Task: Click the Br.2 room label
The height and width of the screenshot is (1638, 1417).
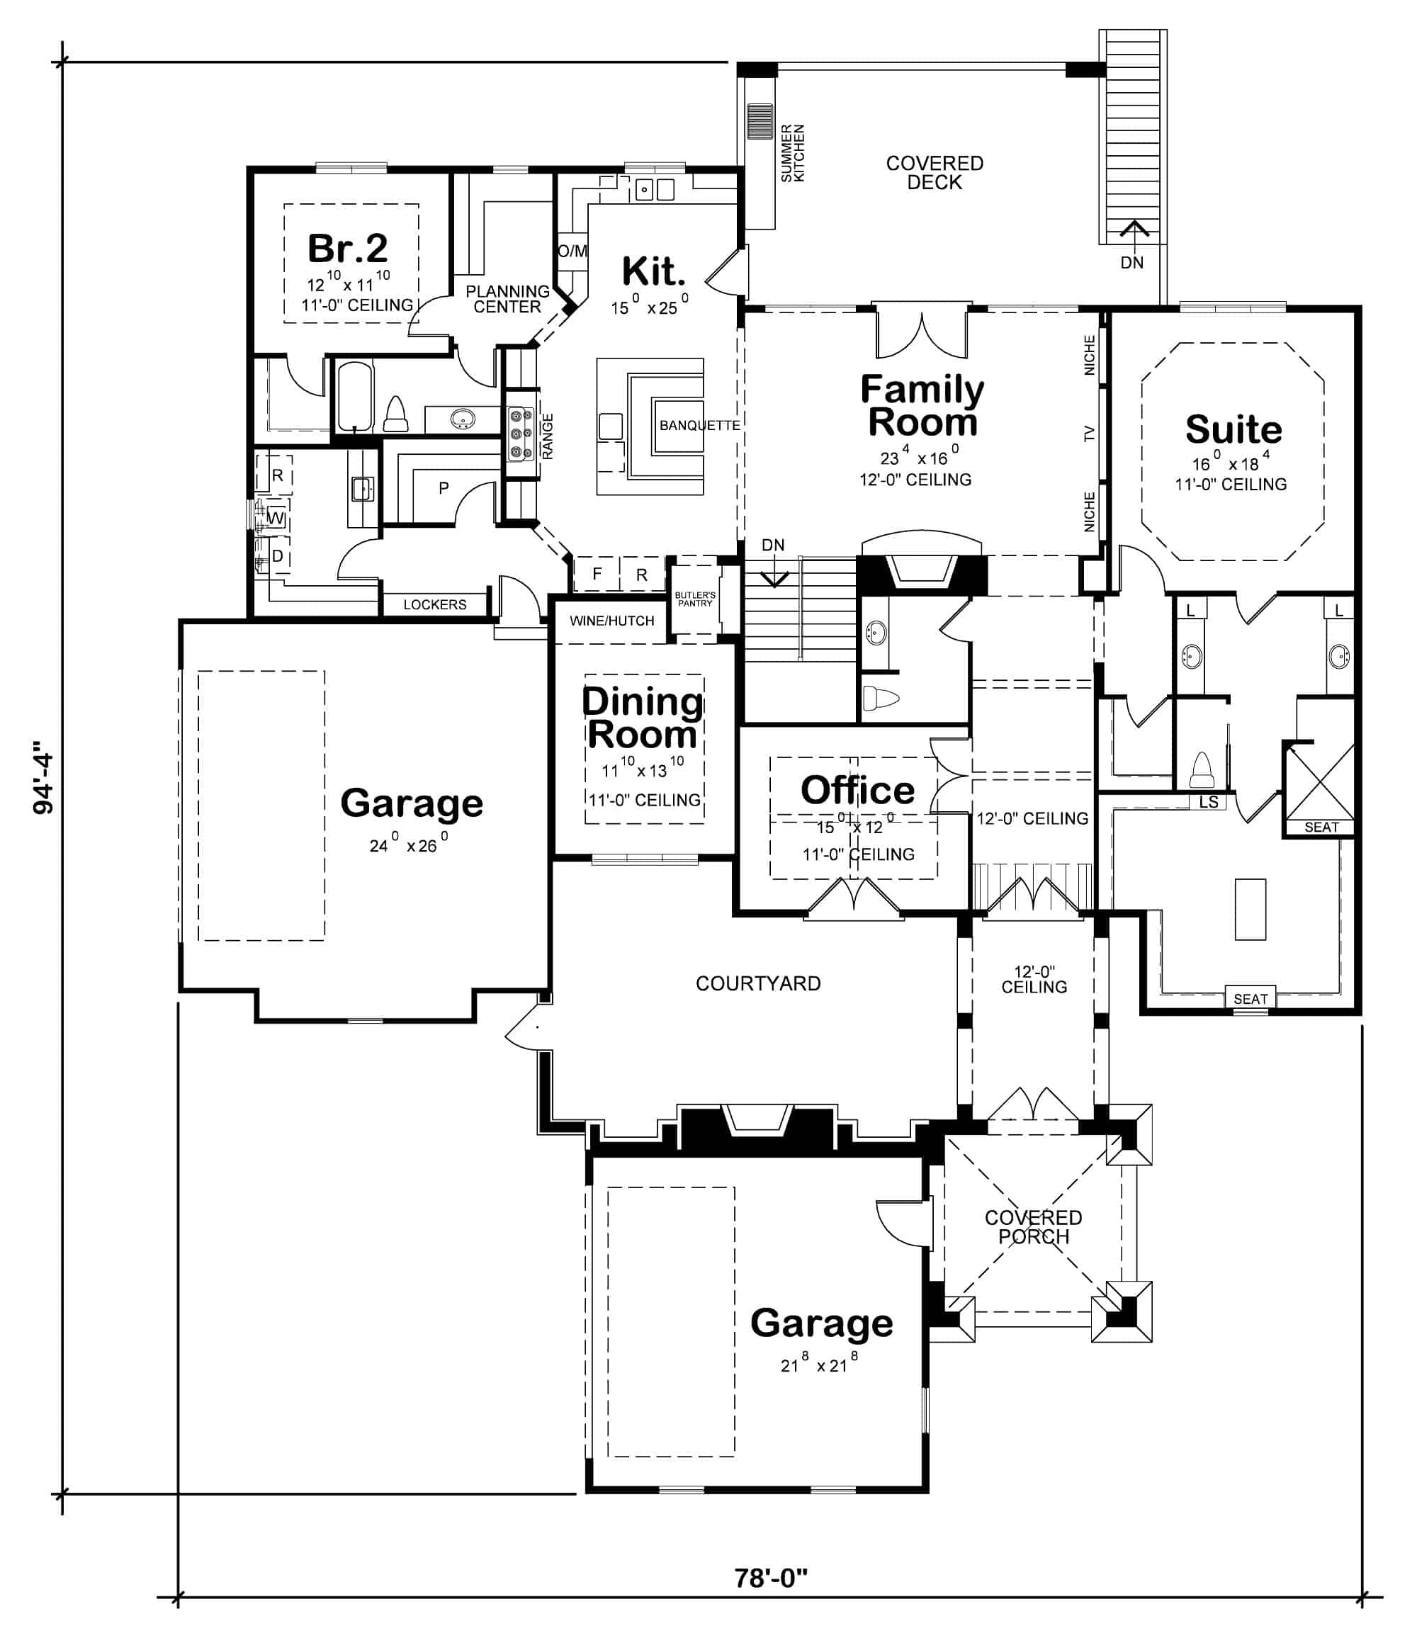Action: (347, 248)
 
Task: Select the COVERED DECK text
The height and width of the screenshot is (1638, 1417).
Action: (934, 172)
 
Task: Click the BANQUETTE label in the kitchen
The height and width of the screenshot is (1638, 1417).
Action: (699, 425)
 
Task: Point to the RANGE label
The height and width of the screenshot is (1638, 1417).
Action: (547, 436)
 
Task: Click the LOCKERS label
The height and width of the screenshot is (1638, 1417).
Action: (434, 605)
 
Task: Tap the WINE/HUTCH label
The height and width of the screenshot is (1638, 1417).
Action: (611, 621)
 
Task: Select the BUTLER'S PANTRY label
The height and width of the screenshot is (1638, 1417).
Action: (694, 599)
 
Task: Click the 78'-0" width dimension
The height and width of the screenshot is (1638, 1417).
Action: (770, 1577)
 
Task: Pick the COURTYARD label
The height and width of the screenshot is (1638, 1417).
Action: (757, 983)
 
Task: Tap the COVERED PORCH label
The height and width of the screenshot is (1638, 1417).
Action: (1033, 1227)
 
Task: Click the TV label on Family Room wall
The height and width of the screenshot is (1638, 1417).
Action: (1089, 433)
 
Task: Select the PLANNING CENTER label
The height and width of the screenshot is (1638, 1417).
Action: (507, 299)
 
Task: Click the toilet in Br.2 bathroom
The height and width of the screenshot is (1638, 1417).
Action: (395, 415)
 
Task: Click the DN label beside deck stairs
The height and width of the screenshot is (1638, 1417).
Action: (1131, 262)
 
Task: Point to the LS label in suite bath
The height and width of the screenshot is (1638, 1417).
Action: (1208, 801)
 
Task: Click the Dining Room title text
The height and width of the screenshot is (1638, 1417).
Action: (641, 718)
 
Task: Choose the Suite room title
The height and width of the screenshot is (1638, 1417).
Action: (1233, 429)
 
